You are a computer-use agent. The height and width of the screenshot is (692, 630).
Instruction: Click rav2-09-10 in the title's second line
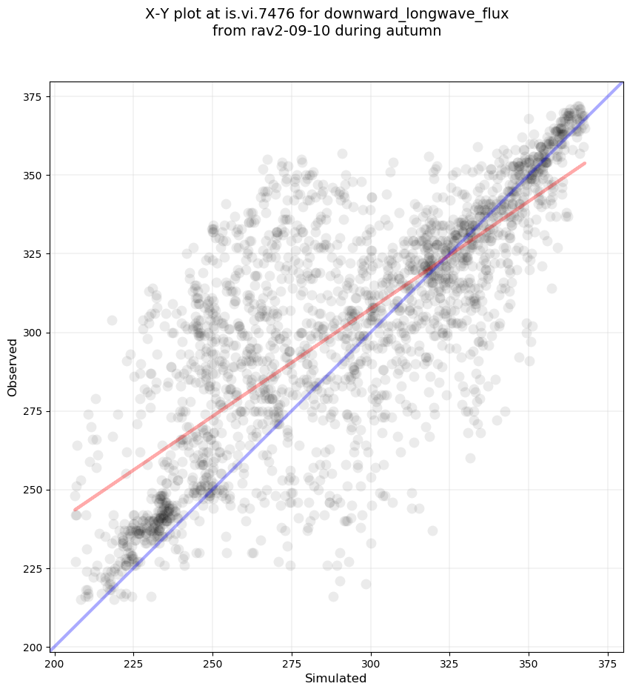click(282, 31)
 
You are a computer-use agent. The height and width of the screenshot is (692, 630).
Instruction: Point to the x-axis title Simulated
click(336, 678)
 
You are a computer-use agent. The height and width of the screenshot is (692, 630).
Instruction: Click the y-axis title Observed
click(13, 367)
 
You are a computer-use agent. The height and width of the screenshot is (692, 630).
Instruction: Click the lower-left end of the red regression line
click(75, 510)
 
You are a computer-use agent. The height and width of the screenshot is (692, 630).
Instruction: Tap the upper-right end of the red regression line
click(585, 163)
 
